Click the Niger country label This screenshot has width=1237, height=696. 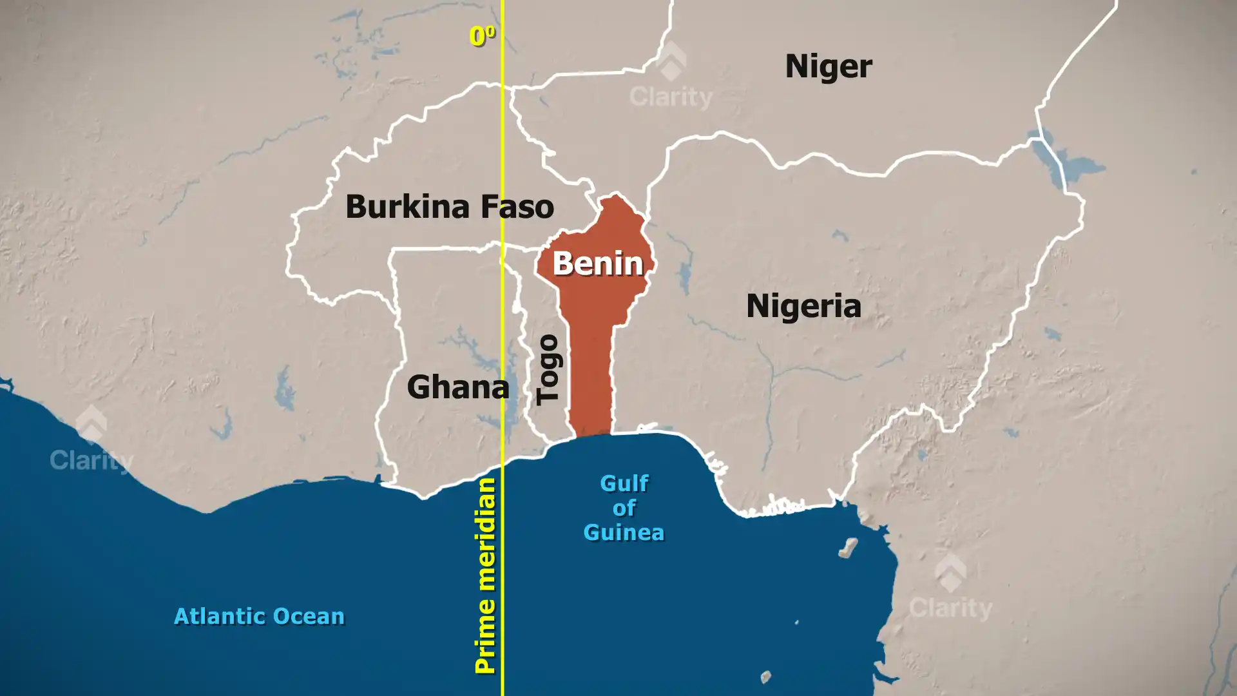click(829, 66)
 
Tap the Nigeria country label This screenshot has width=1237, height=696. click(803, 305)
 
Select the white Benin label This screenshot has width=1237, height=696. click(598, 264)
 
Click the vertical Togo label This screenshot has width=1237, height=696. click(549, 369)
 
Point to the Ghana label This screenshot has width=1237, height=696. click(458, 387)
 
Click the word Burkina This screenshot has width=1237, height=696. click(407, 207)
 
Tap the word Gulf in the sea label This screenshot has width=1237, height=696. click(624, 483)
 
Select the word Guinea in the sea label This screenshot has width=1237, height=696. click(624, 533)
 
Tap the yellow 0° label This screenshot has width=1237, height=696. click(482, 36)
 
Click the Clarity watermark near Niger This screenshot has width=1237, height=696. click(671, 97)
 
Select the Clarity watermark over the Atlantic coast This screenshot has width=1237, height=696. click(91, 459)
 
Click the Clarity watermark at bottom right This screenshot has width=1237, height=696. click(950, 607)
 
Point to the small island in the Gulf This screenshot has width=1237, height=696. click(849, 548)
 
